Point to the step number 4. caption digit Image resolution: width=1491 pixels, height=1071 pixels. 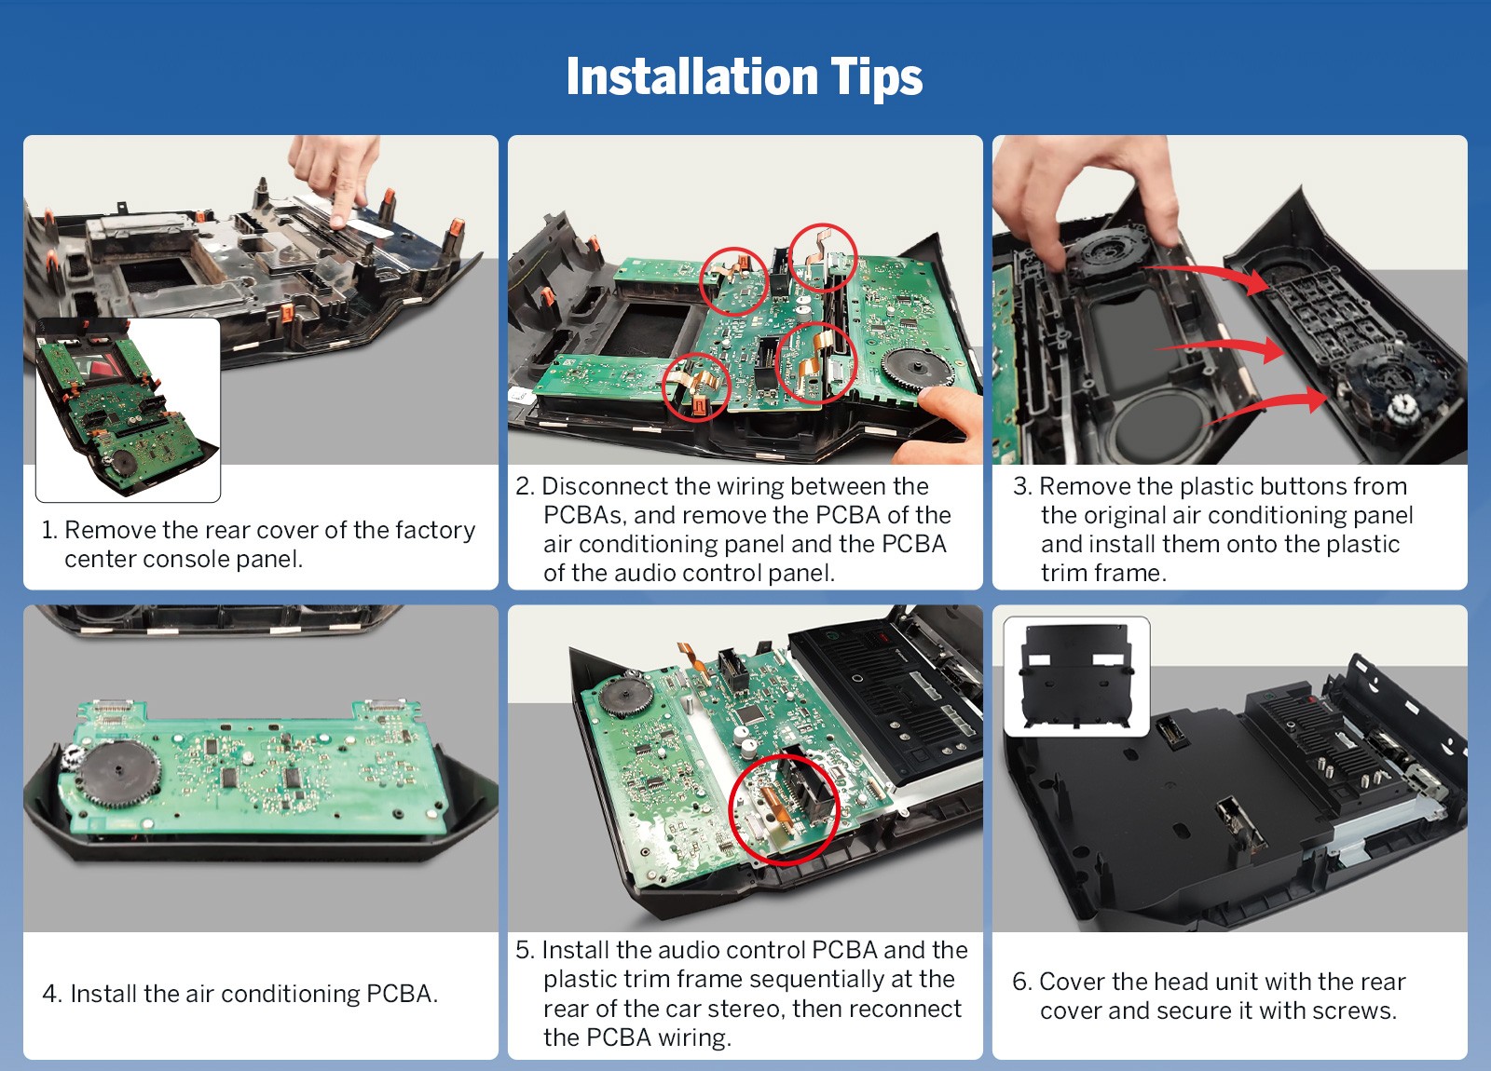click(52, 994)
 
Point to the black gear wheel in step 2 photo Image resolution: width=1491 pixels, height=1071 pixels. click(917, 368)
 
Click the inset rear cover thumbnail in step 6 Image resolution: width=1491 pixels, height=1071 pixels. click(1076, 676)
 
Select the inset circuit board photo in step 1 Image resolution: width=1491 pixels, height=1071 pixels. click(128, 409)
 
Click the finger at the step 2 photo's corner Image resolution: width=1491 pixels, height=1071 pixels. click(939, 425)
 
